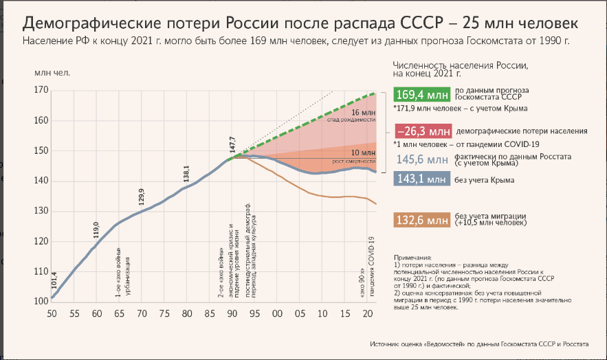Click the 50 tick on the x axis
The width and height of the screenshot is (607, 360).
tap(52, 313)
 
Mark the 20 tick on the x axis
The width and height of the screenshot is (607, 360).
tap(368, 313)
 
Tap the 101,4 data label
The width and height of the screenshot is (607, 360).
tap(54, 280)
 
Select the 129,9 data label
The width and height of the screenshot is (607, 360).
tap(142, 196)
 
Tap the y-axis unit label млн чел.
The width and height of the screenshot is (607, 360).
tap(52, 71)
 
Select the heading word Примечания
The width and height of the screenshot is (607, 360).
tap(414, 256)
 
